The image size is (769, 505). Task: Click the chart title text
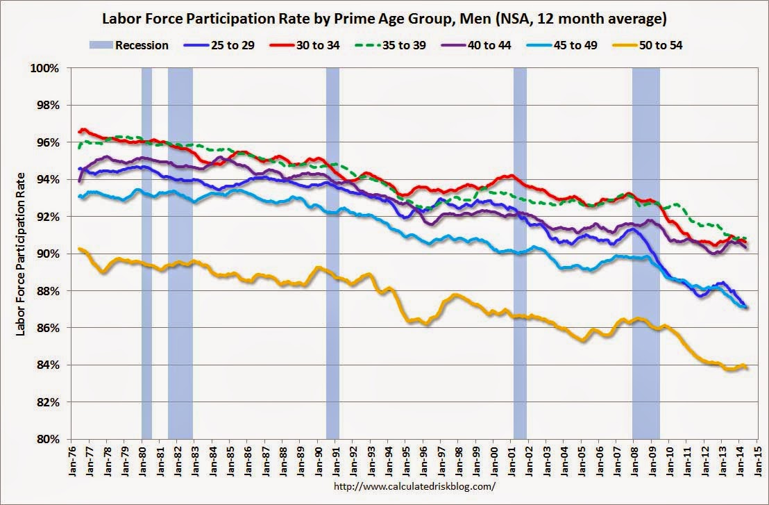[384, 17]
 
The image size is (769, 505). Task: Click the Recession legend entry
[129, 45]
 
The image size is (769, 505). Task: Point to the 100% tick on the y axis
[44, 68]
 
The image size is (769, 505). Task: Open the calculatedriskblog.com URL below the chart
[414, 487]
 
